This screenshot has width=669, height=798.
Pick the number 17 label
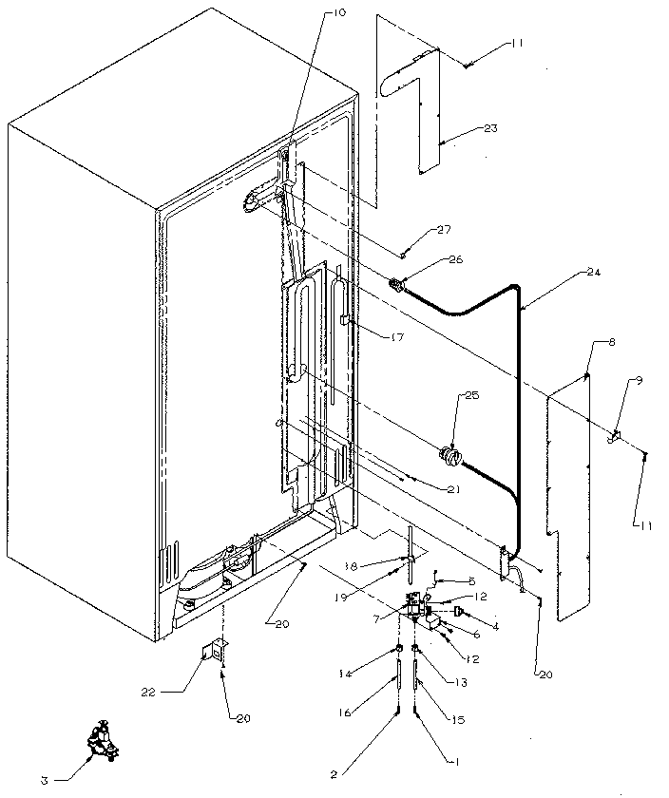coord(383,335)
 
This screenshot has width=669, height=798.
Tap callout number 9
coord(638,381)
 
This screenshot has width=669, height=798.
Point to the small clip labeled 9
coord(613,436)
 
